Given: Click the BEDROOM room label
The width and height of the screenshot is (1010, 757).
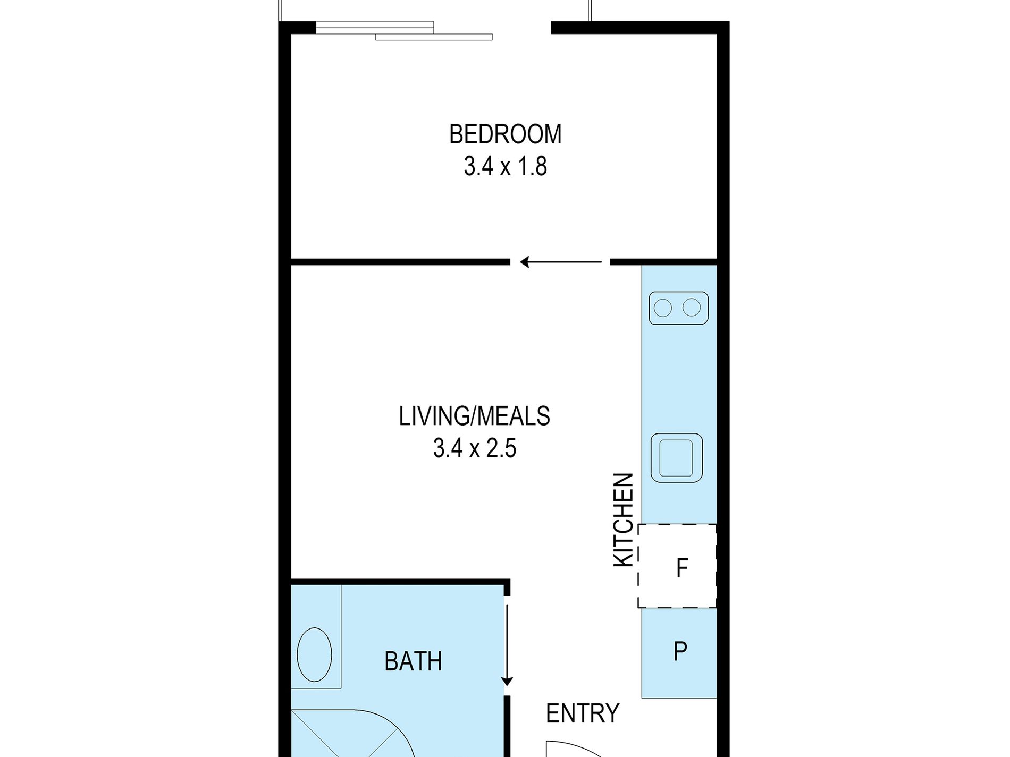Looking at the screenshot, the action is coord(505,134).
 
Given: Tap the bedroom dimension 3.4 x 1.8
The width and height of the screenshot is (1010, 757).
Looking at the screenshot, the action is coord(505,166).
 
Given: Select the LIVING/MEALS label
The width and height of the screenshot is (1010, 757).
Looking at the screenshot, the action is coord(474,416).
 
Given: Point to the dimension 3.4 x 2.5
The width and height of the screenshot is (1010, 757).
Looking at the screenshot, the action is coord(474,448).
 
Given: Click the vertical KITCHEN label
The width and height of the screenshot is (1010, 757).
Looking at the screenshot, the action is coord(624,520).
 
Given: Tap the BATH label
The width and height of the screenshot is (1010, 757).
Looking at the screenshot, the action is coord(413,661).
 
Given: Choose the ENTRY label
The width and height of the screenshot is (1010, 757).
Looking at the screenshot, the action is coord(583,713).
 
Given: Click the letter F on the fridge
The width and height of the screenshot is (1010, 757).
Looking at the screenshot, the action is coord(682,568).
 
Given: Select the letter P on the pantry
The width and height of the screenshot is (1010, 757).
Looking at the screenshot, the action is coord(680,651).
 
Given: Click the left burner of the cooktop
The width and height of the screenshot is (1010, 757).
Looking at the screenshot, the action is coord(663,308).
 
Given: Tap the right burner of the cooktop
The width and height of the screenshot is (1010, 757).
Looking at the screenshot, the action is coord(692,307).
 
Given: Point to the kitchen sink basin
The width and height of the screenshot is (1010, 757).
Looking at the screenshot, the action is coord(677,458).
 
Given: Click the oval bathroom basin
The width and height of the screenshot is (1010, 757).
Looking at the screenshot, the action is coord(314,654).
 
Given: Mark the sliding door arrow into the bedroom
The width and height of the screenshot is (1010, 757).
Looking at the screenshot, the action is coord(561,262).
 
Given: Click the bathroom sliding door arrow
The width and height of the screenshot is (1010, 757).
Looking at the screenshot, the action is coord(507,645).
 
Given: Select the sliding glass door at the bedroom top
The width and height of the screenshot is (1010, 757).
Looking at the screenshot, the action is coord(404,31).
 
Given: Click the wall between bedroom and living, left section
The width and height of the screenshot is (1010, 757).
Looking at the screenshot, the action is coord(400,262).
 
